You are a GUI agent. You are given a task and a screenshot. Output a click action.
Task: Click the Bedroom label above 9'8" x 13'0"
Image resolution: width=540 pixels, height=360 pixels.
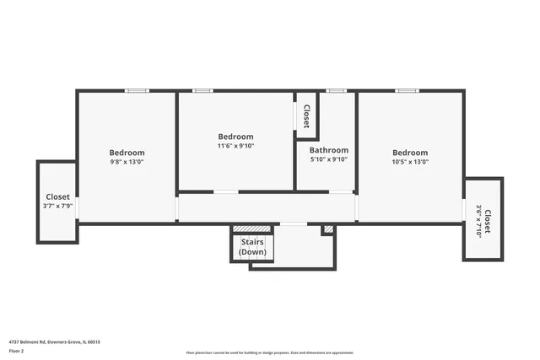127,153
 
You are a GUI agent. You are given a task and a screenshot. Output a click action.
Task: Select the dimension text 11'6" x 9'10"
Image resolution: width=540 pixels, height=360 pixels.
235,146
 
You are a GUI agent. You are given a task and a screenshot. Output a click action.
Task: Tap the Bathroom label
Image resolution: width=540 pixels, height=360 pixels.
328,150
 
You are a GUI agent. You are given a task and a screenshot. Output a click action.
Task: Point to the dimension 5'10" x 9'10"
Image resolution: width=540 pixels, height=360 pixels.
328,159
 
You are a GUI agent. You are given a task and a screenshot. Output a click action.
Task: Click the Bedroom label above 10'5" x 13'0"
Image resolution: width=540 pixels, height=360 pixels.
410,153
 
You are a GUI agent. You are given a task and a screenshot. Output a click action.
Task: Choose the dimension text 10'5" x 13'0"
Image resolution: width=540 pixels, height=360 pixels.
410,162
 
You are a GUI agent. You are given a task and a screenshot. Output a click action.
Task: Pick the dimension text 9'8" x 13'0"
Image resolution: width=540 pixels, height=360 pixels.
127,162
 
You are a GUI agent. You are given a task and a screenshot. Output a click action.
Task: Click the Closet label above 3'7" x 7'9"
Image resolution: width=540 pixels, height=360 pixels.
57,196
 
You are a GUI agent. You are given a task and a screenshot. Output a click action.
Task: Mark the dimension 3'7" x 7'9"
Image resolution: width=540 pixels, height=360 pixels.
57,206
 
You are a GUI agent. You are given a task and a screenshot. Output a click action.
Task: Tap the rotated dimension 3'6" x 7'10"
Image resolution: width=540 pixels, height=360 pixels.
478,222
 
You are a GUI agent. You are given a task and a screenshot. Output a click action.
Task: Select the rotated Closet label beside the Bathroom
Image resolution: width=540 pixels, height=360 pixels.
306,116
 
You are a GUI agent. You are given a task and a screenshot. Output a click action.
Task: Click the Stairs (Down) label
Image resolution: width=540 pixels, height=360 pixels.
252,247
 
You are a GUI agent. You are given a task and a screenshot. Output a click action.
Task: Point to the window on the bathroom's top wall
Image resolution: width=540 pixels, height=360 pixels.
337,90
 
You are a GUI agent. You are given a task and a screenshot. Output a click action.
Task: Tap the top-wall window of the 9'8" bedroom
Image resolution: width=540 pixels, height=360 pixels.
137,90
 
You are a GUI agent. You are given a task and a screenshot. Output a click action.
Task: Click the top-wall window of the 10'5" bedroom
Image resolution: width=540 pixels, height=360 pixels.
407,90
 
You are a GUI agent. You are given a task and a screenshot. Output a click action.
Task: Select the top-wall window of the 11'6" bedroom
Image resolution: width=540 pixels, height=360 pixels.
202,90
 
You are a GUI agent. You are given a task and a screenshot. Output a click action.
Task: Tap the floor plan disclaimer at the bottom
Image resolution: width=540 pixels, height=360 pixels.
270,353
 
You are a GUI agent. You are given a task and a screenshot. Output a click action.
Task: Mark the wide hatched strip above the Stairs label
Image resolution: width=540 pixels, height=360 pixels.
251,228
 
